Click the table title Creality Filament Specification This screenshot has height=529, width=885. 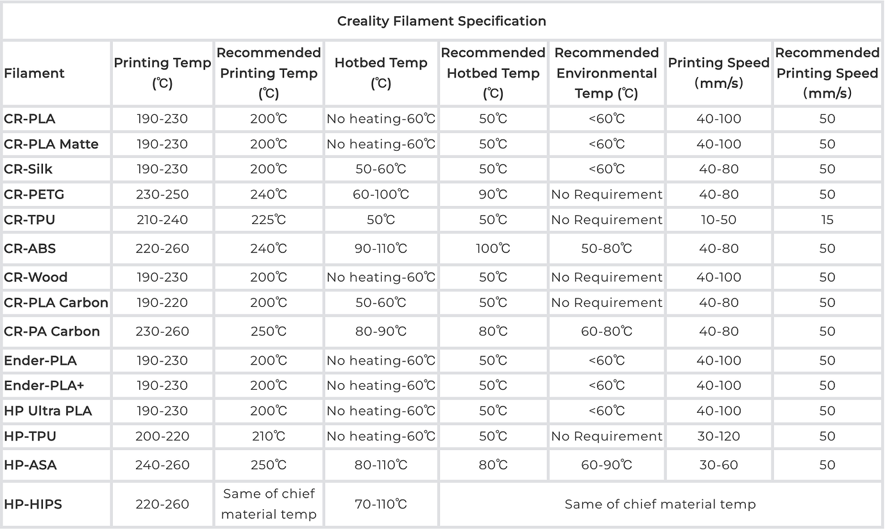tap(442, 21)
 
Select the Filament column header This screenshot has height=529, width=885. tap(34, 73)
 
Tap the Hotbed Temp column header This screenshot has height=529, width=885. tap(381, 73)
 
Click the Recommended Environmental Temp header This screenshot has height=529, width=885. tap(607, 73)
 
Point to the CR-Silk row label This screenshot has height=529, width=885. tap(28, 169)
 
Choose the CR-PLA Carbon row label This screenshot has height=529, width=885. tap(56, 302)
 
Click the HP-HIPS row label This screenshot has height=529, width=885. tap(33, 504)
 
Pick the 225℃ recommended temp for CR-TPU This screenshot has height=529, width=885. tap(269, 220)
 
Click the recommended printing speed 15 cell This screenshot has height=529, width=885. tap(827, 220)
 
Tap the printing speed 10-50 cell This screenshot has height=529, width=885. tap(718, 220)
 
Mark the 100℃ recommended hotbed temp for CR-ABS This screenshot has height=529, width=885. tap(493, 248)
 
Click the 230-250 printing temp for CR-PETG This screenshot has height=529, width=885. tap(162, 195)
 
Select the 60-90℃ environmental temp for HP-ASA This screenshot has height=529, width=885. tap(607, 465)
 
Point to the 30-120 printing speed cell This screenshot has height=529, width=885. tap(718, 436)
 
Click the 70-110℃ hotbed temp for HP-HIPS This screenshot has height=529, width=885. tap(381, 504)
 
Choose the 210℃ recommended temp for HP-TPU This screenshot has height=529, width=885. tap(269, 436)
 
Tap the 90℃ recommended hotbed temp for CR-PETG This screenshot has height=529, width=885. tap(493, 195)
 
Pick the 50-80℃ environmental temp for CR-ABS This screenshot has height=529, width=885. tap(607, 248)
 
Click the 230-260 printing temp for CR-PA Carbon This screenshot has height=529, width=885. tap(162, 331)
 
